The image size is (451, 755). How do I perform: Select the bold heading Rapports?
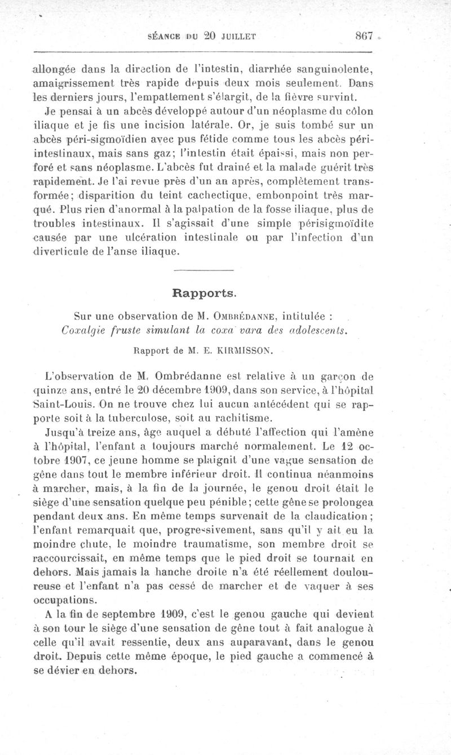(204, 293)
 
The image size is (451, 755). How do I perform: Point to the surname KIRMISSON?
(249, 350)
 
